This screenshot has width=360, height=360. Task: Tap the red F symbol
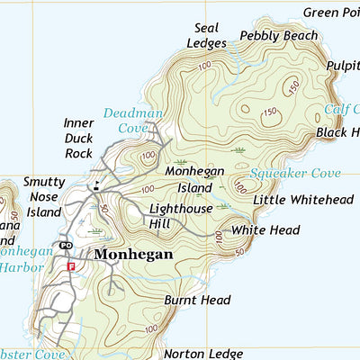click(x=71, y=265)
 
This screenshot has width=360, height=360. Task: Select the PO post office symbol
click(x=66, y=245)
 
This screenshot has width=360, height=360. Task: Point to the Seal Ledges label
click(x=202, y=35)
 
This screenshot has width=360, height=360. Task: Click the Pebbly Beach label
click(x=279, y=36)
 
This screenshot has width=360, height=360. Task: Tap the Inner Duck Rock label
click(x=79, y=139)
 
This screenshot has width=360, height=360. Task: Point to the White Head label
click(x=265, y=231)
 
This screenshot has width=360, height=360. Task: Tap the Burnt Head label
click(x=197, y=300)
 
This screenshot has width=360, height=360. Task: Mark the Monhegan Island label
click(x=188, y=178)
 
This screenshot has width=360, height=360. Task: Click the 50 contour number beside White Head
click(x=240, y=249)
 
